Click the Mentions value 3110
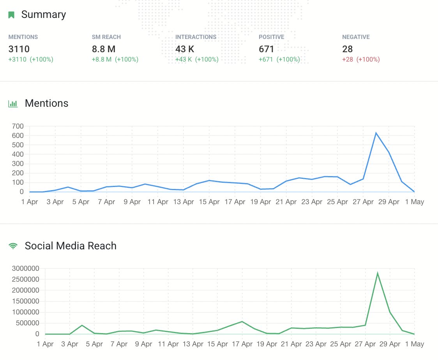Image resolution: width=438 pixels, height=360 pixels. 19,49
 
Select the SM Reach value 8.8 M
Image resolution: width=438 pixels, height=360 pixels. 104,49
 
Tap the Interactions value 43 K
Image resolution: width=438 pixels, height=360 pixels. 185,49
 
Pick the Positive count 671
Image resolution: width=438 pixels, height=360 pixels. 267,49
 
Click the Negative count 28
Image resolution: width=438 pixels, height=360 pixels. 347,49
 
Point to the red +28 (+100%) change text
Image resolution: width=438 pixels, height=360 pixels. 361,60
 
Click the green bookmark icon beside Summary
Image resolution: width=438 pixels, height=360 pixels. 12,15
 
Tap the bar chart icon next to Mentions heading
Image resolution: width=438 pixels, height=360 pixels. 13,104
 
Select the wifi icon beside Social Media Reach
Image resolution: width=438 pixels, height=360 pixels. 13,246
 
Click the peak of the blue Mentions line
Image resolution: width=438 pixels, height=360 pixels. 376,133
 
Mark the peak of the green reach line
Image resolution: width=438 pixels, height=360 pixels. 378,273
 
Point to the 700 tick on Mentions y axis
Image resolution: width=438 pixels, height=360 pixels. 18,126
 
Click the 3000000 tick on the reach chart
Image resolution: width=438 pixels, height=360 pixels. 26,268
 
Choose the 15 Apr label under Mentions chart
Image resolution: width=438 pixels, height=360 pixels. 209,202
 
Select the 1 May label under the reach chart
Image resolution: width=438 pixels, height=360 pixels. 414,344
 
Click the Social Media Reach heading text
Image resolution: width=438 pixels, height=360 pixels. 71,246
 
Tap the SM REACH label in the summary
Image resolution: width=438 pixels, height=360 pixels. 106,37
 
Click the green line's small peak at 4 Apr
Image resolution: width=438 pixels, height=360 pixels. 82,325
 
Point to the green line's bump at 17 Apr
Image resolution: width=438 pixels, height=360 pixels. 242,321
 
